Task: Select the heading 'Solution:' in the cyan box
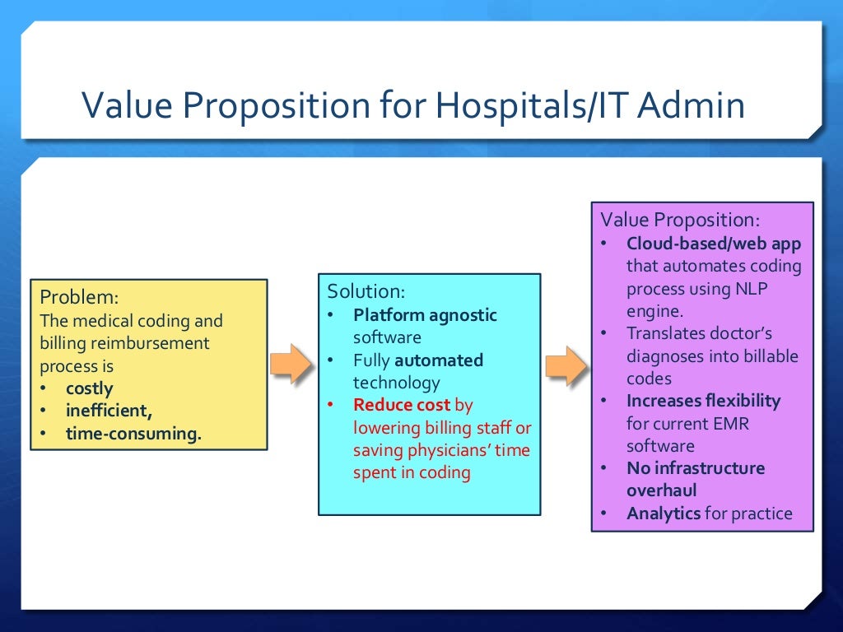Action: pyautogui.click(x=366, y=291)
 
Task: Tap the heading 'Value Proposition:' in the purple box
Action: pyautogui.click(x=680, y=220)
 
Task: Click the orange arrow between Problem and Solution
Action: pyautogui.click(x=291, y=364)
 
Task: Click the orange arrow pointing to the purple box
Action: pyautogui.click(x=566, y=364)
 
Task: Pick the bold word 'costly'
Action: pyautogui.click(x=90, y=388)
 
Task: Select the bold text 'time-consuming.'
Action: pyautogui.click(x=133, y=434)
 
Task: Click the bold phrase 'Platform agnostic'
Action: pyautogui.click(x=425, y=314)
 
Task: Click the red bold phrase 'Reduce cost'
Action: pyautogui.click(x=402, y=405)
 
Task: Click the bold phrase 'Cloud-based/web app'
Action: pyautogui.click(x=713, y=244)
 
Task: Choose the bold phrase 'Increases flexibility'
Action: pyautogui.click(x=703, y=401)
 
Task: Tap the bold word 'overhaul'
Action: pyautogui.click(x=661, y=490)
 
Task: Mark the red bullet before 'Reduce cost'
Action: pyautogui.click(x=331, y=405)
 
